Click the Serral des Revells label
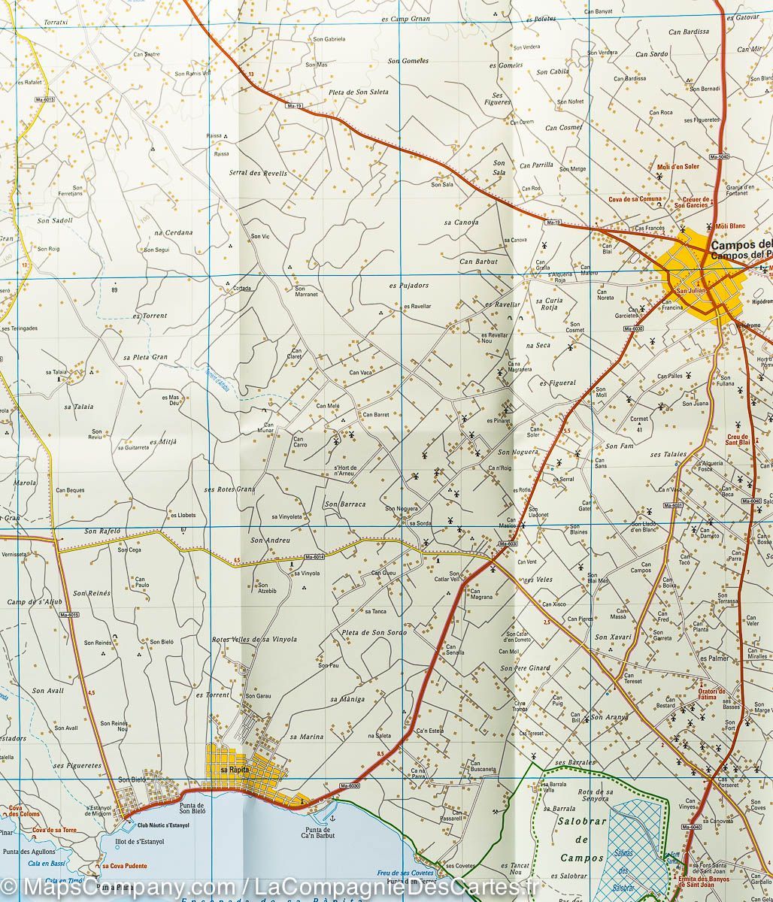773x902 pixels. coord(258,173)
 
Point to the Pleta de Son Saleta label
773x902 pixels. coord(359,92)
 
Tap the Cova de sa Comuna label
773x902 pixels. coord(635,199)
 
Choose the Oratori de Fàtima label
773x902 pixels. coord(711,693)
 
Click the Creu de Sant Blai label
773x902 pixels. coord(737,440)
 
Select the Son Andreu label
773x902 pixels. coord(270,540)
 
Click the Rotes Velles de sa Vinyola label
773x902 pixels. coord(254,640)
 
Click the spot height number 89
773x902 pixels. coord(114,289)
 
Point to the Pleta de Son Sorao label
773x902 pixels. coord(373,632)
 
